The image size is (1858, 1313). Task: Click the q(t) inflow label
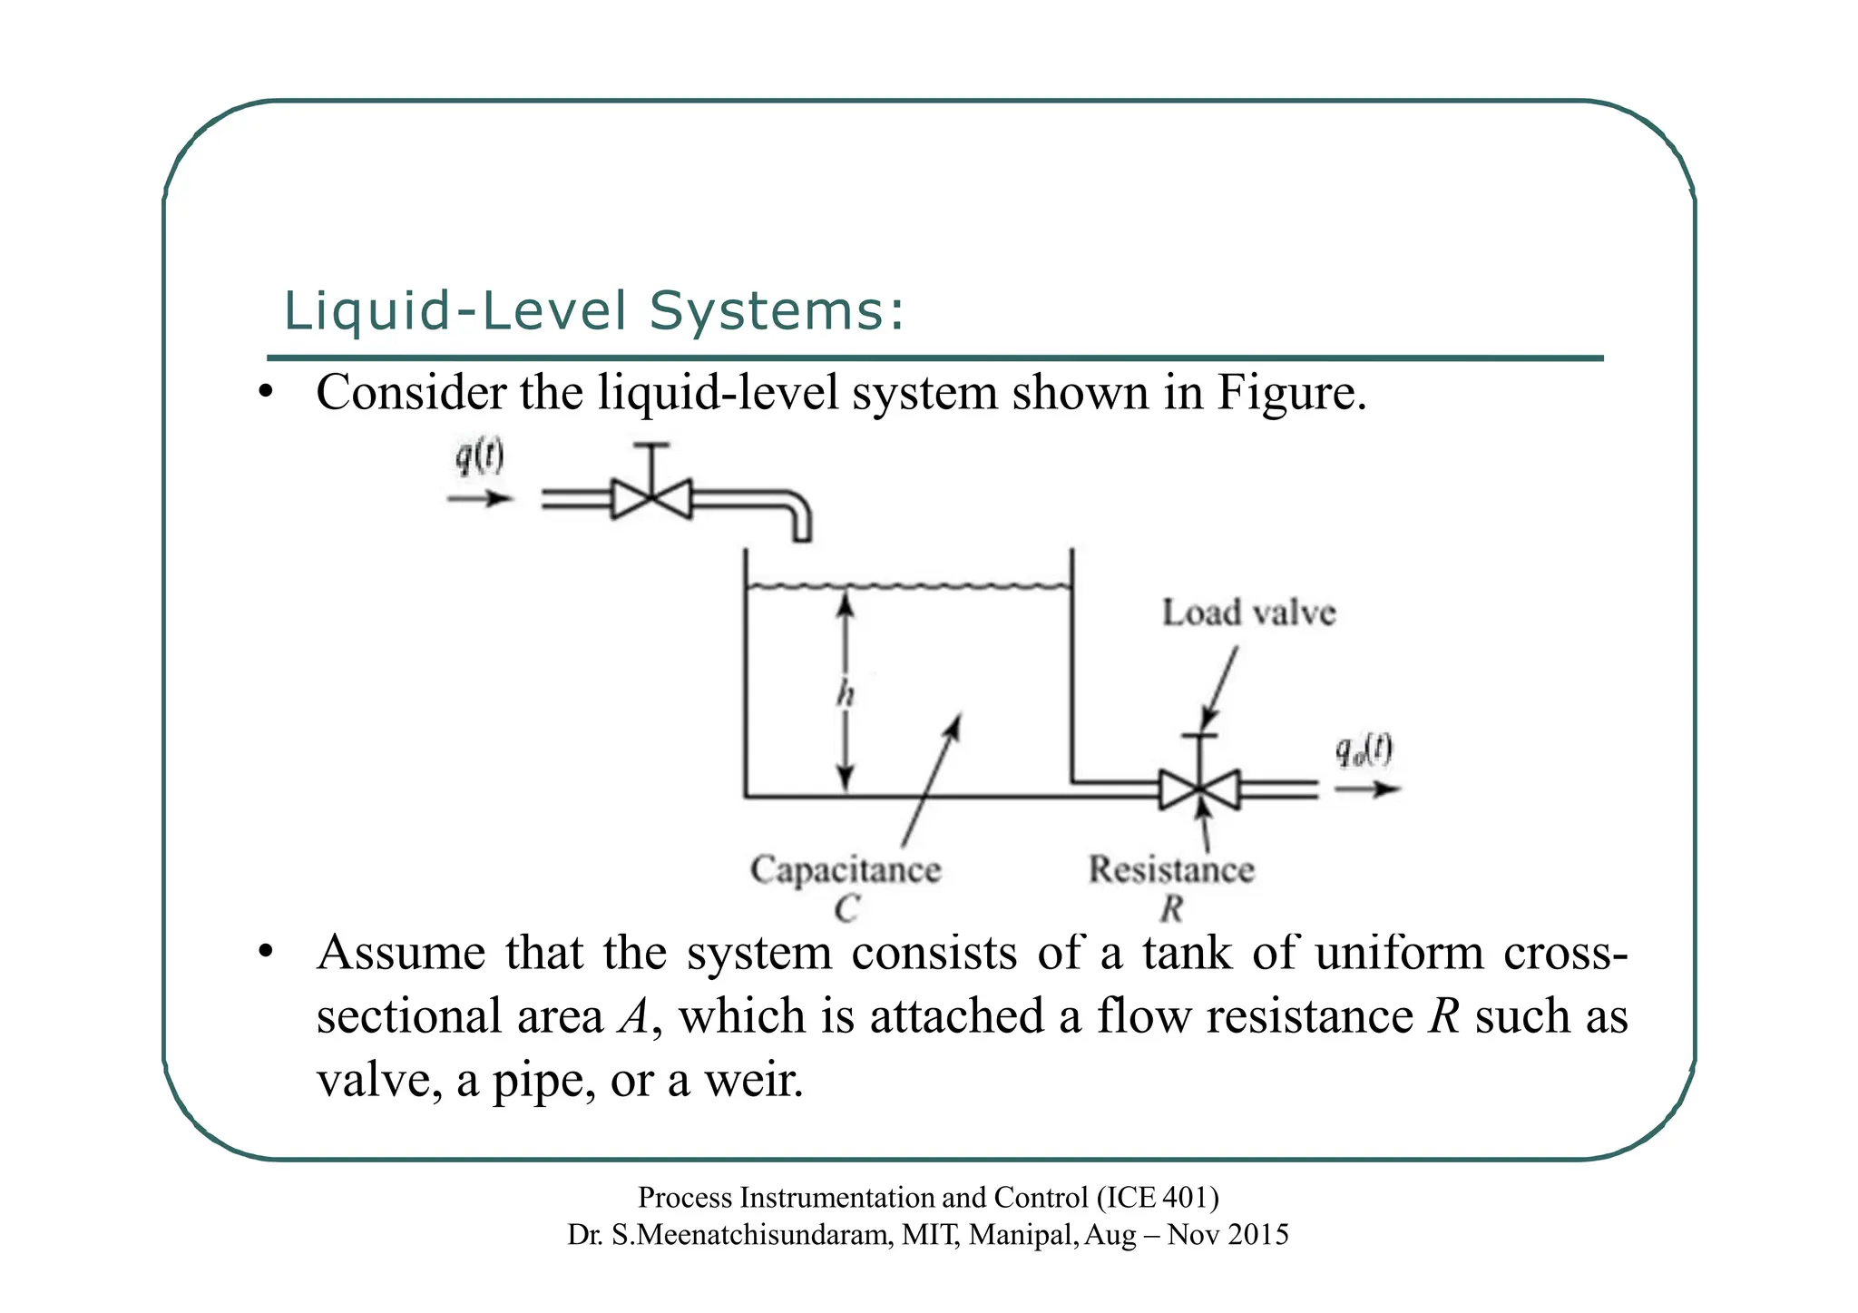coord(479,457)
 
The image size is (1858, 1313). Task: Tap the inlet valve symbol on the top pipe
coord(651,498)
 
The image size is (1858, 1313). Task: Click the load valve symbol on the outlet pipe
coord(1199,789)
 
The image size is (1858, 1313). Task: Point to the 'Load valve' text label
coord(1248,613)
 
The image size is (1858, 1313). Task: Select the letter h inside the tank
coord(846,695)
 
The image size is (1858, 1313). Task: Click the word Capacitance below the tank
coord(846,869)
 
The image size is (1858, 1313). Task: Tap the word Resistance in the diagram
coord(1171,869)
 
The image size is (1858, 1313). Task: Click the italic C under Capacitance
coord(846,908)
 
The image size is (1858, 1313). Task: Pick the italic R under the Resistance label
coord(1171,908)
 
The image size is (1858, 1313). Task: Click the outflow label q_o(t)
coord(1364,751)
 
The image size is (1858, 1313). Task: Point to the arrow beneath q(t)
coord(480,498)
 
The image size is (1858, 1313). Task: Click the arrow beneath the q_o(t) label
coord(1367,789)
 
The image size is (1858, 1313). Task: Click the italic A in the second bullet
coord(633,1016)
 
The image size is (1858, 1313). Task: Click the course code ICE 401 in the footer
coord(1156,1198)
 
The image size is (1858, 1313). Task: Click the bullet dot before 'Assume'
coord(265,954)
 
